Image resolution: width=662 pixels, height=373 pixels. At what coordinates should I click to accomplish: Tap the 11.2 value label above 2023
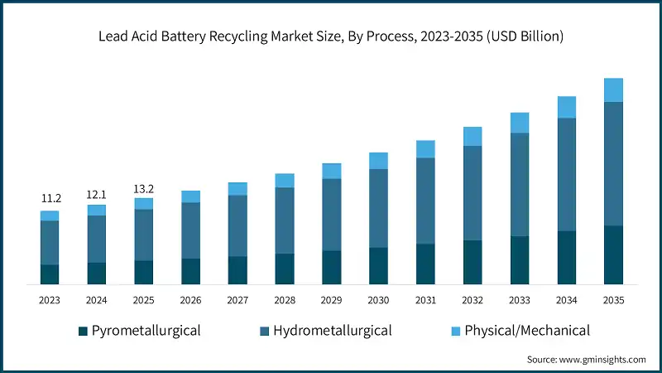point(50,199)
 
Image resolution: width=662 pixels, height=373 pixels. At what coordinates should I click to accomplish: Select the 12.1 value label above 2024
point(97,194)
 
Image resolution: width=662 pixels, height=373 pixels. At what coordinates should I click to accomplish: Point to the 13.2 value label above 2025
point(144,189)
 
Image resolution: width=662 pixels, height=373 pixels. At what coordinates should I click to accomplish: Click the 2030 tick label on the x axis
point(378,300)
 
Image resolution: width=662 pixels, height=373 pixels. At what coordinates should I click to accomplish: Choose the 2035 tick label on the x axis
point(613,300)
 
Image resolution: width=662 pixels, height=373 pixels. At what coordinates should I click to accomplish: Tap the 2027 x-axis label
point(237,300)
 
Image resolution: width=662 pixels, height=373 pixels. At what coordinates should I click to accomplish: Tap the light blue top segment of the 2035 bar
point(613,90)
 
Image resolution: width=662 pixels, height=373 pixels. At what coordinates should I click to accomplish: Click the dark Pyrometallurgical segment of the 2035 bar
point(613,254)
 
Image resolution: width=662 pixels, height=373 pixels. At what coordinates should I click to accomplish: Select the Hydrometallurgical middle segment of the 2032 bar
point(473,192)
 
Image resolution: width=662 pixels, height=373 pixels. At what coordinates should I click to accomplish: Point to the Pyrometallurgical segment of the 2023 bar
point(50,274)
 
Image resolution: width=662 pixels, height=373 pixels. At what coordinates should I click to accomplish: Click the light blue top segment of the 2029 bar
point(332,171)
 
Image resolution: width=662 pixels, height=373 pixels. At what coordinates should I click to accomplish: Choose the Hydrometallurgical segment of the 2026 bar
point(191,230)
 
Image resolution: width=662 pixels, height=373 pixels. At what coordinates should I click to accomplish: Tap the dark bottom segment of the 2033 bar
point(520,259)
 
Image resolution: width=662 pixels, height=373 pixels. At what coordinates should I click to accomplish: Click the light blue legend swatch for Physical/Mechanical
point(454,332)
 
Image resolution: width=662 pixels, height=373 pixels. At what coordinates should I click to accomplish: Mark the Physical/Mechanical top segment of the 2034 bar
point(566,107)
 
